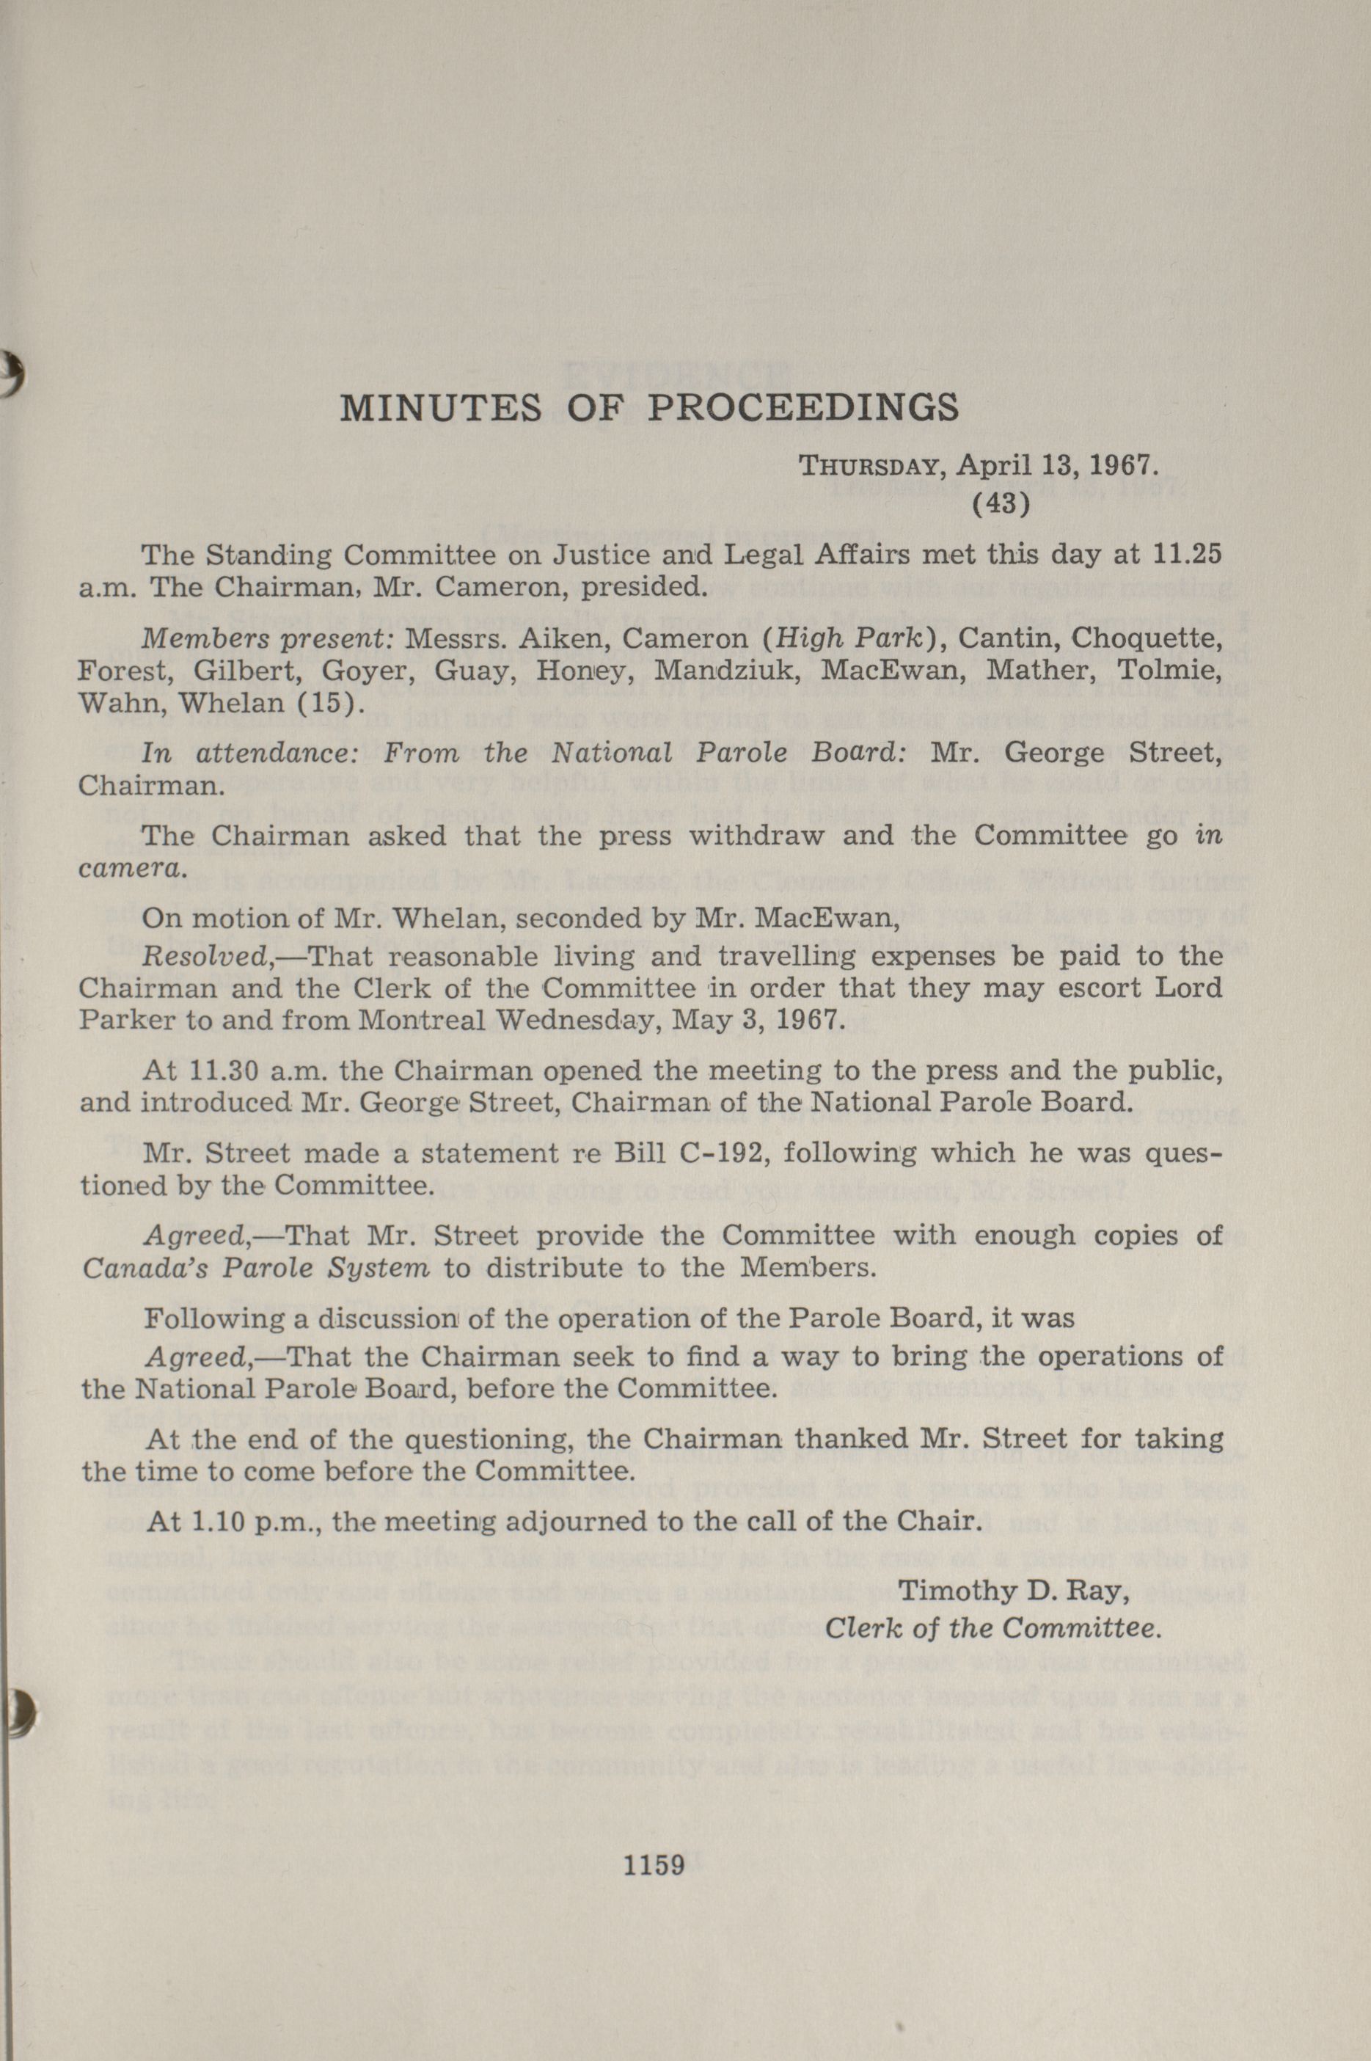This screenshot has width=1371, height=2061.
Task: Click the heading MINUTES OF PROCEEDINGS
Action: [x=648, y=407]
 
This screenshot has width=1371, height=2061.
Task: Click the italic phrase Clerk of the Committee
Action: [x=993, y=1628]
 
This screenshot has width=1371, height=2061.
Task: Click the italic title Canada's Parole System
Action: [x=255, y=1268]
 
